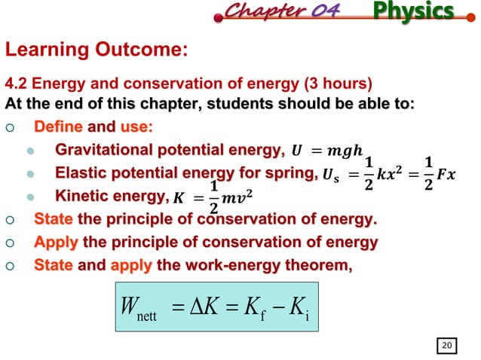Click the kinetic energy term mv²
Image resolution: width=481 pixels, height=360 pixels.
[x=237, y=201]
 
